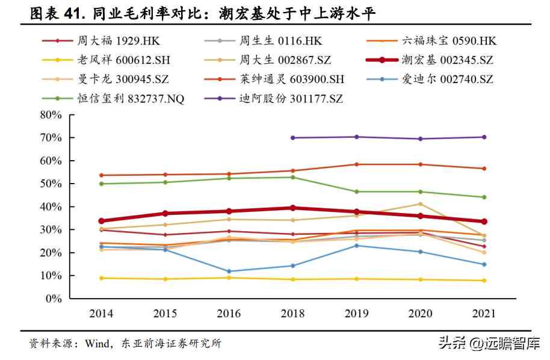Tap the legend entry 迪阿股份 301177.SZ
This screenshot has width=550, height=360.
click(289, 99)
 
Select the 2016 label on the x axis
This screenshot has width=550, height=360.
click(229, 314)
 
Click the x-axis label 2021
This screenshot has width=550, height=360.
click(484, 314)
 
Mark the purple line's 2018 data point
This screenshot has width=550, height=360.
click(292, 138)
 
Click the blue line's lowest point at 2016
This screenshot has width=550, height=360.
click(229, 272)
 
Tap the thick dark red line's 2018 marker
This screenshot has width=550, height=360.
click(292, 208)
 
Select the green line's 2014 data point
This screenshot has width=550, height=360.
click(101, 184)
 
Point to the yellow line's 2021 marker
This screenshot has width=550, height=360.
click(484, 281)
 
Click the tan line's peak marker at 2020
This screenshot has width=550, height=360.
click(420, 204)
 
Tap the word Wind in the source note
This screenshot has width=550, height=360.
click(96, 344)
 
